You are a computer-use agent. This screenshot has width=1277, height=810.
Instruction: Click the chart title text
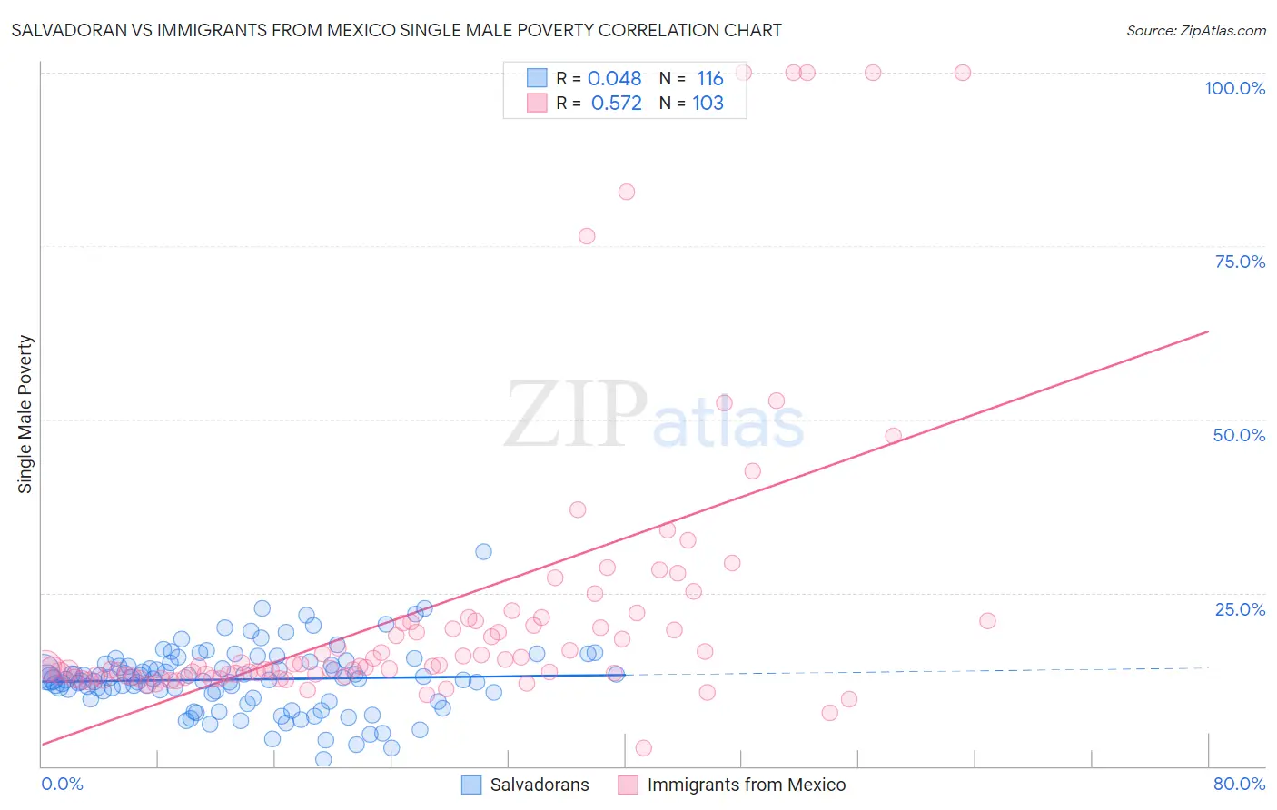click(396, 30)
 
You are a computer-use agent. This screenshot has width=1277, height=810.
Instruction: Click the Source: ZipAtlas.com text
click(1195, 30)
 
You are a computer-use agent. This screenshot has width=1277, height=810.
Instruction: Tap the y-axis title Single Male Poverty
click(25, 414)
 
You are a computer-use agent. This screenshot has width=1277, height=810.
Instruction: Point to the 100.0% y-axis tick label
click(1234, 88)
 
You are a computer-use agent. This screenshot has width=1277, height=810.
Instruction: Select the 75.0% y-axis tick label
click(1240, 262)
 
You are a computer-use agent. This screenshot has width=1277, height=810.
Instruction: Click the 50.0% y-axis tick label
click(1239, 435)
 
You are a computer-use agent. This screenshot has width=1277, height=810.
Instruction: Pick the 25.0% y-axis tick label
click(1240, 608)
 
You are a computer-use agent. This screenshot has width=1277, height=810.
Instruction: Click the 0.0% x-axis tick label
click(62, 784)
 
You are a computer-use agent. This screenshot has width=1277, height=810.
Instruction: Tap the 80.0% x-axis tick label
click(1239, 784)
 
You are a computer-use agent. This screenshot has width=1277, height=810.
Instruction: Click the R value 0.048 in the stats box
click(614, 79)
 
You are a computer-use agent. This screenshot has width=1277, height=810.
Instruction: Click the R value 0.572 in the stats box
click(616, 104)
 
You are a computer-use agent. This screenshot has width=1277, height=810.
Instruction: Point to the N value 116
click(709, 79)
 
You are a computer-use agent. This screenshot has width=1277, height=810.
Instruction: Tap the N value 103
click(708, 104)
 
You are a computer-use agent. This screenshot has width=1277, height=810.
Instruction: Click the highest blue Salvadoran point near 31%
click(483, 552)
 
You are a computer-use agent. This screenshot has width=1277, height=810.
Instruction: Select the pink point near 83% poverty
click(627, 192)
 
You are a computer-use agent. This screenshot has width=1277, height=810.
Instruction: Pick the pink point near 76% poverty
click(587, 236)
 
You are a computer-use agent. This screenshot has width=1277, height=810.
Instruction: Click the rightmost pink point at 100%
click(963, 73)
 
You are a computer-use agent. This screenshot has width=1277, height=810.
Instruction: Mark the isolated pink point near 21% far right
click(987, 621)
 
